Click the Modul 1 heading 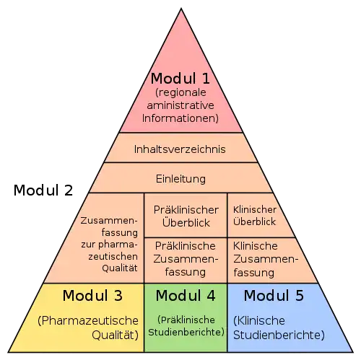tap(180, 79)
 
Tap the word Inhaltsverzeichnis tap(180, 149)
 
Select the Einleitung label tap(180, 179)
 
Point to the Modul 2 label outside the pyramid tap(43, 190)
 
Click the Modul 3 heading tap(92, 295)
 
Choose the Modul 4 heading tap(186, 295)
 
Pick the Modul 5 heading tap(274, 295)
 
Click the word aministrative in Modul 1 tap(180, 105)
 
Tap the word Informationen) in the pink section tap(180, 118)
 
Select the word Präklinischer tap(186, 210)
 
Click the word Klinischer tap(255, 210)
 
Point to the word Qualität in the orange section tap(120, 268)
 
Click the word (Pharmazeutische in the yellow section tap(88, 321)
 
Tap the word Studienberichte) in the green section tap(186, 332)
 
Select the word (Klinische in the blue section tap(259, 321)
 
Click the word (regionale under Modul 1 tap(180, 93)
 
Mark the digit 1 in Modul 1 tap(206, 79)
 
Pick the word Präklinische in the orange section tap(185, 246)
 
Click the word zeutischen tap(113, 257)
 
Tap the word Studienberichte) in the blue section tap(279, 335)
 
